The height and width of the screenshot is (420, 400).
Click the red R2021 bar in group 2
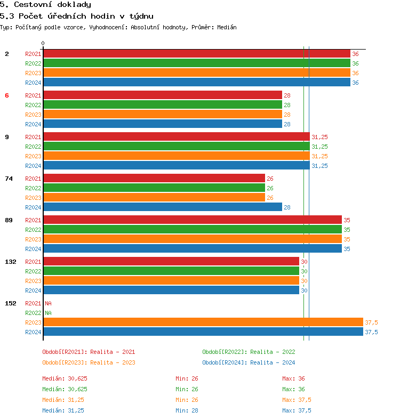[196, 54]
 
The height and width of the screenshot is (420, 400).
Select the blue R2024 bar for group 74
[162, 207]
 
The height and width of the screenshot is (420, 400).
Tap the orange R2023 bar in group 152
[203, 322]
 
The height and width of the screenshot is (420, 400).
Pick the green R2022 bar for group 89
[192, 230]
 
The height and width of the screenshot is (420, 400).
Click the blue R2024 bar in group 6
[162, 124]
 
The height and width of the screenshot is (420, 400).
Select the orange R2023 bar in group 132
[171, 281]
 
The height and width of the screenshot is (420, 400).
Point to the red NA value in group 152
[48, 303]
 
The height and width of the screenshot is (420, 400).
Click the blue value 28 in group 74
[287, 207]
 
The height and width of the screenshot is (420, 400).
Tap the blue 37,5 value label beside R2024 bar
[371, 332]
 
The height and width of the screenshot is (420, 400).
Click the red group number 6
[7, 95]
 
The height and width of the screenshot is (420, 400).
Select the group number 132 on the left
[10, 262]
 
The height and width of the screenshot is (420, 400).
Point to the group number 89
[9, 220]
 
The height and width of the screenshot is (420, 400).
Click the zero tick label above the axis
[43, 44]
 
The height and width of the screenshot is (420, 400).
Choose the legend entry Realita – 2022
[249, 352]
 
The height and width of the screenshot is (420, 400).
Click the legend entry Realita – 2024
[249, 362]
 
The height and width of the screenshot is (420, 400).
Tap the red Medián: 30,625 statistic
[65, 378]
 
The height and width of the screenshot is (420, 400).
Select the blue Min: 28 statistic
[187, 410]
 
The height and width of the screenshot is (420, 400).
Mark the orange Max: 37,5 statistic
[297, 400]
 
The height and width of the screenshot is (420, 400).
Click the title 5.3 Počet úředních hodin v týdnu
[77, 16]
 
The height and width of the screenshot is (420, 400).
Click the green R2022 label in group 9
[33, 147]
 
